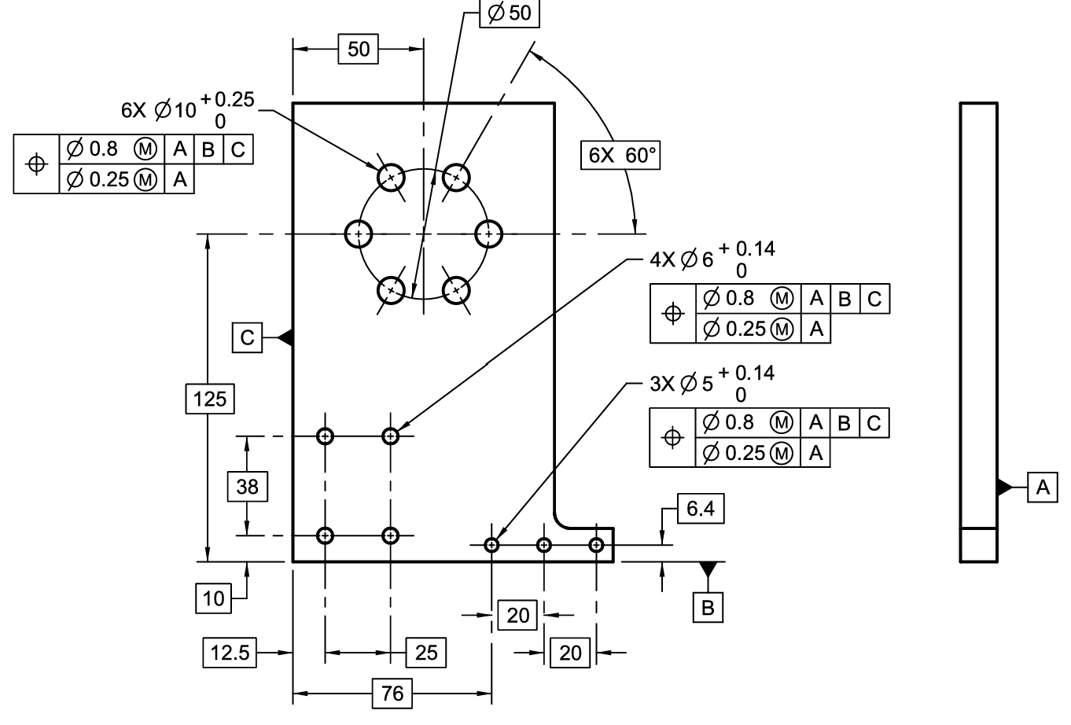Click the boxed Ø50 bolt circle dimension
pyautogui.click(x=510, y=13)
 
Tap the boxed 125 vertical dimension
pyautogui.click(x=210, y=399)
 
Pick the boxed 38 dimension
pyautogui.click(x=247, y=487)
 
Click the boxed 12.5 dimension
pyautogui.click(x=230, y=652)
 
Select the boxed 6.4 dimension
pyautogui.click(x=700, y=509)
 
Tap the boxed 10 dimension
pyautogui.click(x=214, y=598)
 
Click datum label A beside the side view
pyautogui.click(x=1043, y=487)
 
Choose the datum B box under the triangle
pyautogui.click(x=708, y=608)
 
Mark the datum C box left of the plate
pyautogui.click(x=248, y=338)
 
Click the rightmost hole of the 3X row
pyautogui.click(x=597, y=544)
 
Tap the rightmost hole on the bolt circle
pyautogui.click(x=488, y=234)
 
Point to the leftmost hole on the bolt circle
pyautogui.click(x=359, y=234)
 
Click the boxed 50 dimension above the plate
pyautogui.click(x=358, y=49)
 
